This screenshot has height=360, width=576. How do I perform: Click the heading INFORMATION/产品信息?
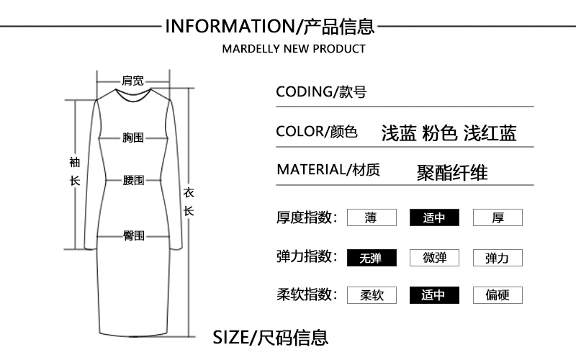point(270,27)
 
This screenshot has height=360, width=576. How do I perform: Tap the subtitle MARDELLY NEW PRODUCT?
point(294,49)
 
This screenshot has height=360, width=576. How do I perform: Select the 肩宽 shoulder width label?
point(133,80)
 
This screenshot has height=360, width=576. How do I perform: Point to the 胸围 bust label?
point(133,137)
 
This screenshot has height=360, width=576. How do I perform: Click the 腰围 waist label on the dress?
point(133,180)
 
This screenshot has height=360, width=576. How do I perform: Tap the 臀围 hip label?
point(133,235)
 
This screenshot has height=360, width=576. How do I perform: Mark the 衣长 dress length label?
point(189,202)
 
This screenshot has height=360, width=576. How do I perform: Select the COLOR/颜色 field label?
point(317,132)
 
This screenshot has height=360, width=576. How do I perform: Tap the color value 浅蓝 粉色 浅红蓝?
point(449,133)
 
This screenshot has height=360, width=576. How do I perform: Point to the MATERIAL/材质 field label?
point(328,171)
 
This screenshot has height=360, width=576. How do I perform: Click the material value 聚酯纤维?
point(452,173)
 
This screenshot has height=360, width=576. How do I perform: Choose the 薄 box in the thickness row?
point(371,217)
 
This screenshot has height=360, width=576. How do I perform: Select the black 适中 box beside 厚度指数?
point(433,217)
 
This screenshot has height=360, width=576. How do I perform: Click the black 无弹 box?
point(371,257)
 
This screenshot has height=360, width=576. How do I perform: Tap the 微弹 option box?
point(433,257)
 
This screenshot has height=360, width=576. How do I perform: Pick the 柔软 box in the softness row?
point(371,295)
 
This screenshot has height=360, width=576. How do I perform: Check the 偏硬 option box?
point(498,295)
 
